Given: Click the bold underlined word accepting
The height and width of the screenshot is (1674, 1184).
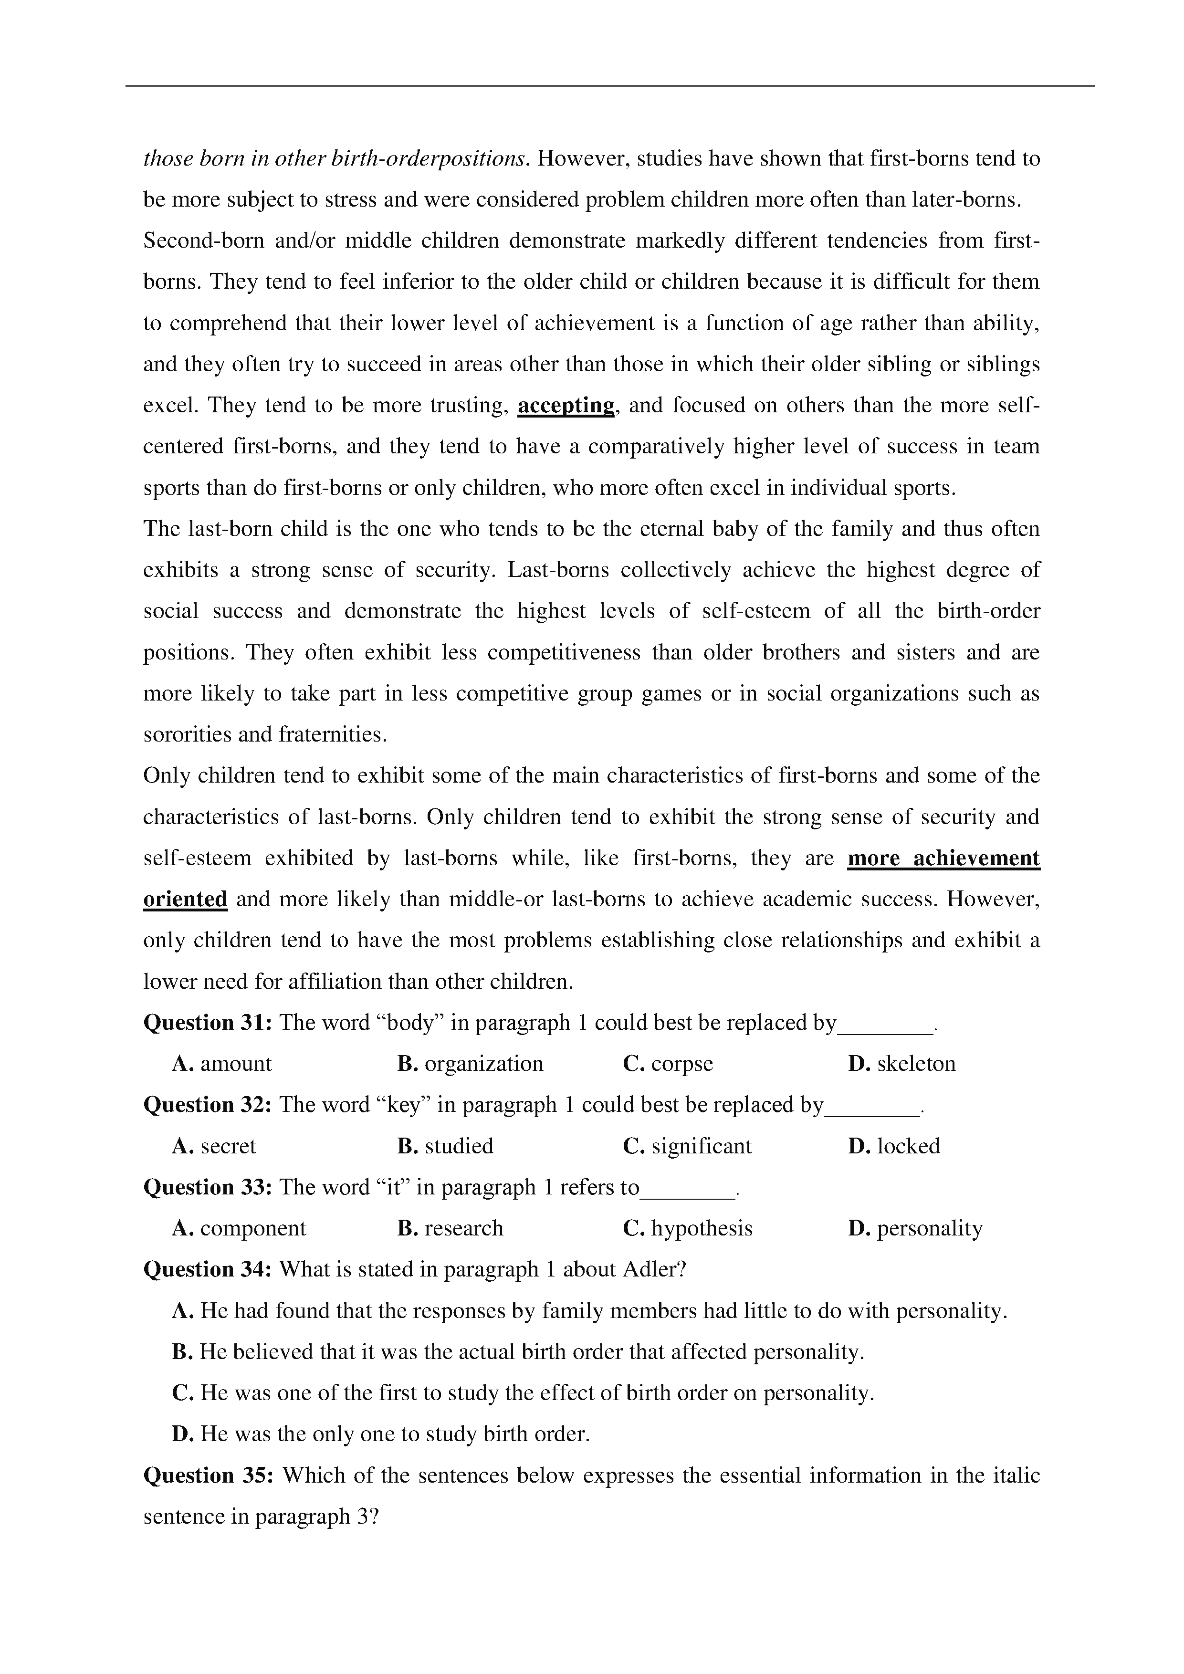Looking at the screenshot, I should (x=566, y=405).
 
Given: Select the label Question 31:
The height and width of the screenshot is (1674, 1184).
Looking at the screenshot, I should (x=208, y=1023).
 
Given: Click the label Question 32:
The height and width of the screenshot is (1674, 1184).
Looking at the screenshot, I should (x=208, y=1105).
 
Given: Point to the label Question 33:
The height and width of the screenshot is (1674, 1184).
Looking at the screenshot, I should (x=208, y=1188).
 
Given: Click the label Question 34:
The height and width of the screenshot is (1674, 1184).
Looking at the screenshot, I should (x=208, y=1270).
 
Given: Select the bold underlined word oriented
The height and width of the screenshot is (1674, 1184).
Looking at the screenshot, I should (x=185, y=900).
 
